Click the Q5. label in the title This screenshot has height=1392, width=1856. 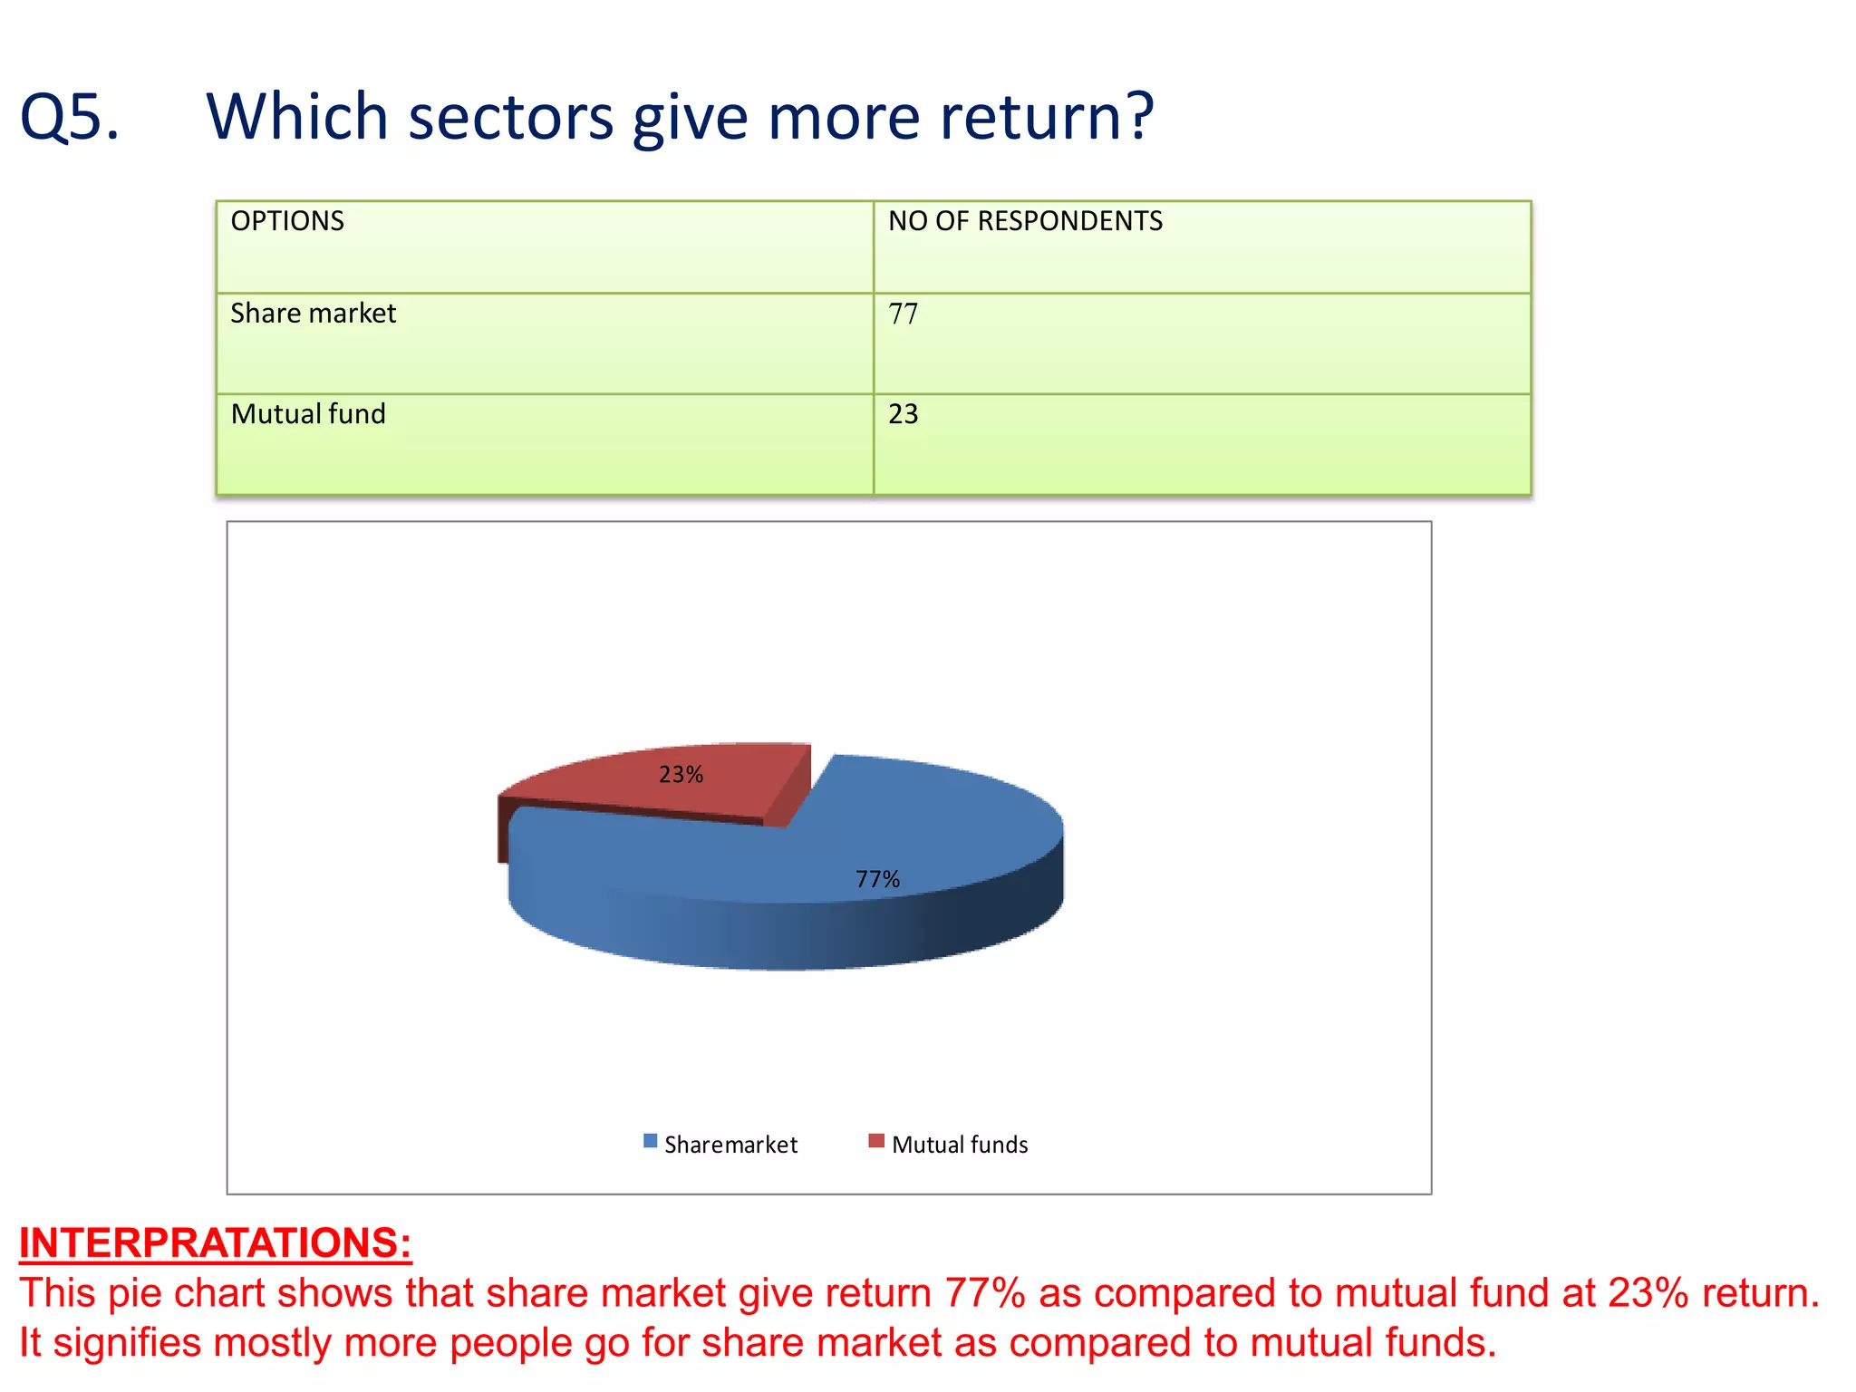70,118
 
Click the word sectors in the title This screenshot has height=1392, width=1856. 510,118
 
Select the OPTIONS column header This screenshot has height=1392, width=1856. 287,221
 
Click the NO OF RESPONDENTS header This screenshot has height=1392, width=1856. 1025,221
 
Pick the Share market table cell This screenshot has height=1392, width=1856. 313,314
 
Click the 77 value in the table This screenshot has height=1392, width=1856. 904,314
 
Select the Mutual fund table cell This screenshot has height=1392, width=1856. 308,414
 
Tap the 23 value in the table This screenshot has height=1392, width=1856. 904,414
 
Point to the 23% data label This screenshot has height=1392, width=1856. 681,775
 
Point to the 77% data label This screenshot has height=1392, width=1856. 877,879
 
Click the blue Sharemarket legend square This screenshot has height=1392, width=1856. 650,1141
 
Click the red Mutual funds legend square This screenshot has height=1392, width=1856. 875,1141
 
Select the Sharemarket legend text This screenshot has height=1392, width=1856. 730,1145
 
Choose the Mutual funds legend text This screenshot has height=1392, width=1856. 960,1145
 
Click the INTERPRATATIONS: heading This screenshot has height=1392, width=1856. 216,1242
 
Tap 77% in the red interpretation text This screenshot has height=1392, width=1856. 984,1293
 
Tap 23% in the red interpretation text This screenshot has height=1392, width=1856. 1648,1293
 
